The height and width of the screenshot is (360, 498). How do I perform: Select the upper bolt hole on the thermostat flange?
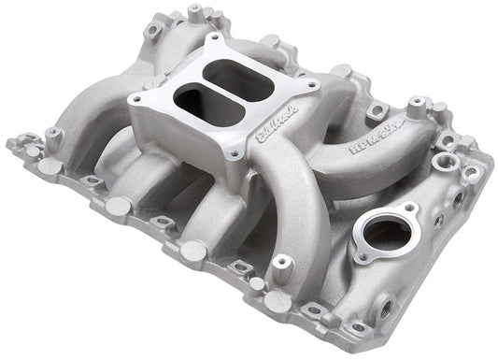point(410,209)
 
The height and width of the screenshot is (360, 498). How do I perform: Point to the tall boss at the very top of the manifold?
point(194,14)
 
